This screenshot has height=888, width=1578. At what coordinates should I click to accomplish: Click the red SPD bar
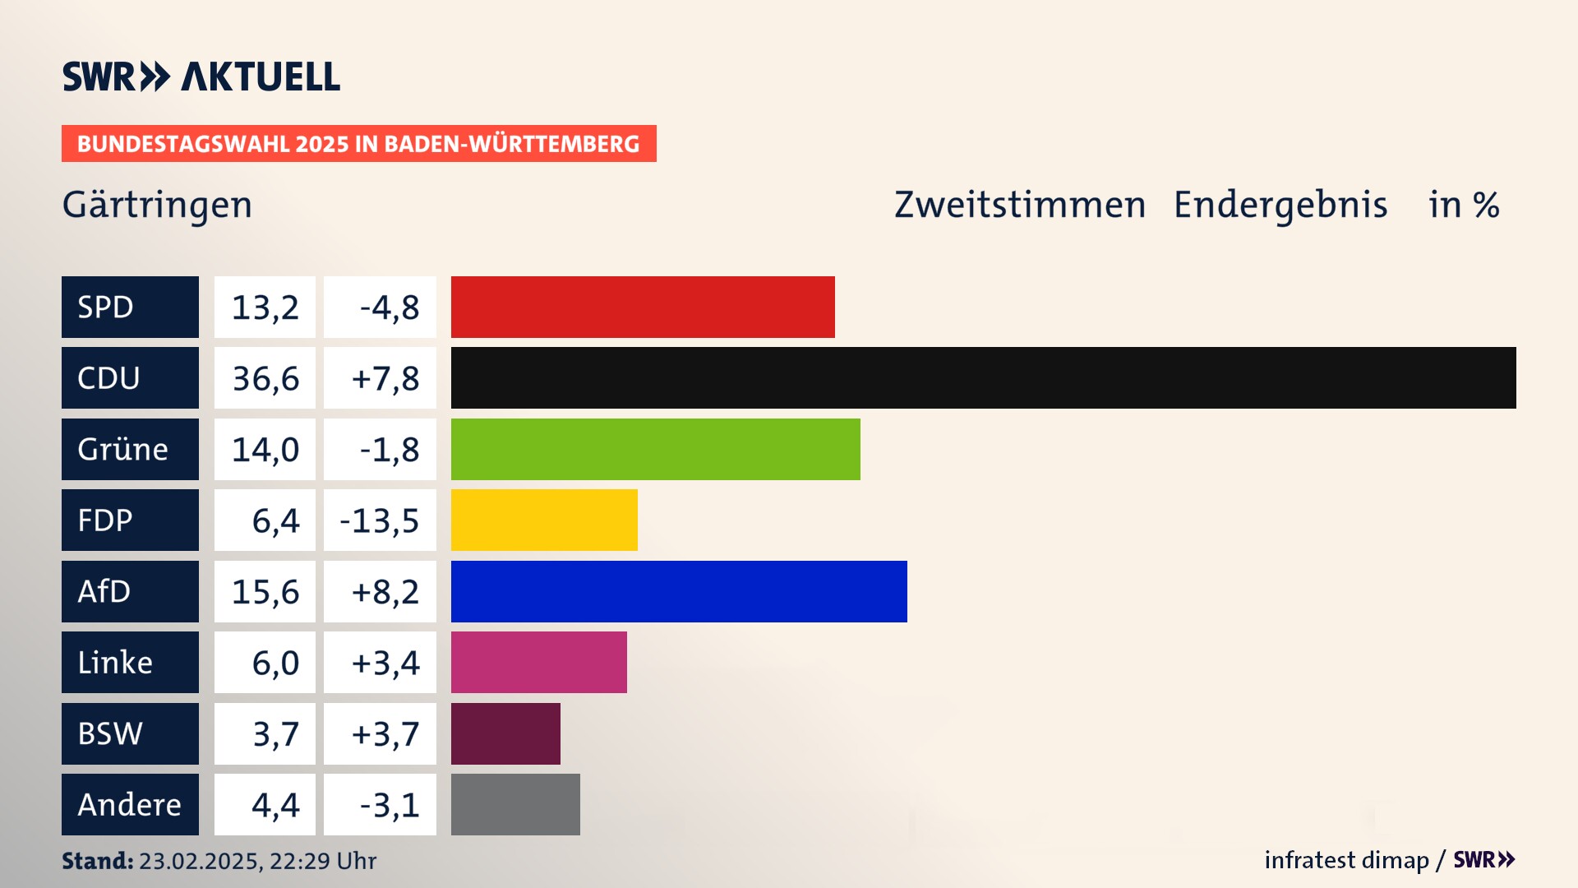point(643,307)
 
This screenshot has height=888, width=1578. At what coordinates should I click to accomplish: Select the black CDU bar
point(983,377)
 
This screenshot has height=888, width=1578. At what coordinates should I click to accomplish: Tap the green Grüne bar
point(655,449)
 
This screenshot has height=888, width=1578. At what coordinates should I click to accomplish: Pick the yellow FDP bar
point(544,520)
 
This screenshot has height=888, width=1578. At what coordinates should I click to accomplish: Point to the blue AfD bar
point(679,591)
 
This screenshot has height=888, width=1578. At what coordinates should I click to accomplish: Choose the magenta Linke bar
point(538,662)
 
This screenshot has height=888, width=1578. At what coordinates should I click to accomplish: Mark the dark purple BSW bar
point(505,733)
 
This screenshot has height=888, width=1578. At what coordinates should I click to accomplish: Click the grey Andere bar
point(515,804)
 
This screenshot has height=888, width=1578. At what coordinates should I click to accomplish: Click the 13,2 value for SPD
point(265,307)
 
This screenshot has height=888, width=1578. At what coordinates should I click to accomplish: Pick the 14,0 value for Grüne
point(265,449)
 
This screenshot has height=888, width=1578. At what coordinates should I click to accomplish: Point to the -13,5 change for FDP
point(380,520)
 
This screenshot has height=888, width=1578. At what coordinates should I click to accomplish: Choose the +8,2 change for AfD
point(385,591)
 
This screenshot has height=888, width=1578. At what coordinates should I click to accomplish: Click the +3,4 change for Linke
point(385,662)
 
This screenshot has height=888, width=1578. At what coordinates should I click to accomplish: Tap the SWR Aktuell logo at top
point(201,76)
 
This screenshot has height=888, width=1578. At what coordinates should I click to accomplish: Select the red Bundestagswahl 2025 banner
point(358,144)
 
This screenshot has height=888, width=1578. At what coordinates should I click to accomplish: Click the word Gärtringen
point(157,205)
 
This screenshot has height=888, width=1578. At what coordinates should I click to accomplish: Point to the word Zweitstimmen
point(1019,205)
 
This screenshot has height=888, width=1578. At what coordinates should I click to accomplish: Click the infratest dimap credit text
point(1346,860)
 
